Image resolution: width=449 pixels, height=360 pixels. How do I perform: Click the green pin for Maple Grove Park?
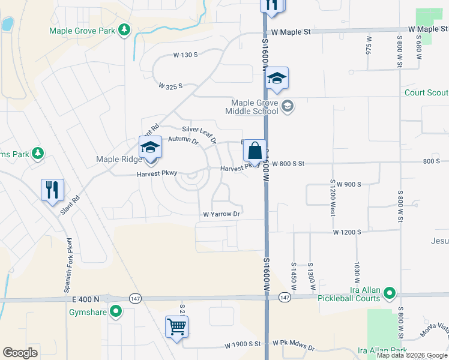tap(124, 29)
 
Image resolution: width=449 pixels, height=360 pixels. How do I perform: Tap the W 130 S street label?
tap(185, 55)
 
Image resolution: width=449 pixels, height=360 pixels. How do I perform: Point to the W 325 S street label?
tap(170, 86)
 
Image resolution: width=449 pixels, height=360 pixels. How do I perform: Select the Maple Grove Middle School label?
tap(252, 107)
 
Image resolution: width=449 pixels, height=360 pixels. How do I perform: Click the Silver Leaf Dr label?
tap(199, 134)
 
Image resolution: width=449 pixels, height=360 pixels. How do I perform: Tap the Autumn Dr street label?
tap(183, 140)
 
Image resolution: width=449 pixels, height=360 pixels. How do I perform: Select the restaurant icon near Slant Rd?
tap(52, 190)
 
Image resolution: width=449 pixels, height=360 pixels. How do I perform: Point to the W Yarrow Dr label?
tap(221, 214)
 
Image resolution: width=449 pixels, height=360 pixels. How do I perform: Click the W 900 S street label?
tap(348, 184)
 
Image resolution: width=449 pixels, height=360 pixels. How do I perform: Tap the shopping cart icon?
tap(177, 327)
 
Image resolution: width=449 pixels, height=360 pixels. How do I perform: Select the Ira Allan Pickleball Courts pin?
tap(390, 293)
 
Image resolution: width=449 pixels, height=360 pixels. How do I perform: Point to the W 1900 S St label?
tap(243, 346)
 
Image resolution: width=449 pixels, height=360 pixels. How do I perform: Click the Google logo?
tap(20, 352)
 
